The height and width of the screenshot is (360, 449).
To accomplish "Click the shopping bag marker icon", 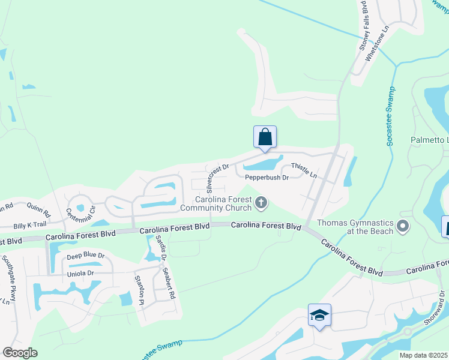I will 265,137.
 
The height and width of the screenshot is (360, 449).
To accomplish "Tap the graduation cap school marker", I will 319,315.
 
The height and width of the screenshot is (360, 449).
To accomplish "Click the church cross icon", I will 261,203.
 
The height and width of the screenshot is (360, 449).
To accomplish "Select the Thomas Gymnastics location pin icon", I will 403,227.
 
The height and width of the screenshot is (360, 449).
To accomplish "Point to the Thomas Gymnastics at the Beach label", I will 355,227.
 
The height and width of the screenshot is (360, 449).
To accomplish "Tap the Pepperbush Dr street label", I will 267,177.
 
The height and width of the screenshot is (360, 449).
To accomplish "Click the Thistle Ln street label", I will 304,170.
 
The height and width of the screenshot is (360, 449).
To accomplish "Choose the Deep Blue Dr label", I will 85,256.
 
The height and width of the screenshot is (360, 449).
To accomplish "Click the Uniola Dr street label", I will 82,273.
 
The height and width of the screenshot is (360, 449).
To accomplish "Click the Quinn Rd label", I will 38,209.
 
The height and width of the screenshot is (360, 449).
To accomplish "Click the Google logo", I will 20,352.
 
